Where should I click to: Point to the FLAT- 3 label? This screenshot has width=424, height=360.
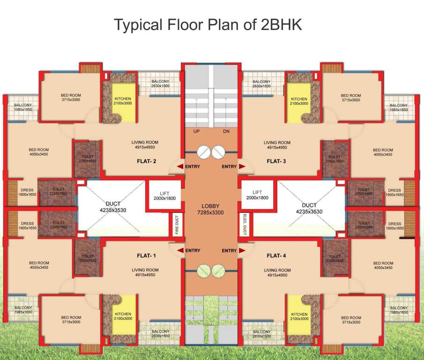point(276,161)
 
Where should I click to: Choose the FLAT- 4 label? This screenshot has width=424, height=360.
point(276,256)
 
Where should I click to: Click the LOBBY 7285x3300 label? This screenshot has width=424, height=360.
point(210,209)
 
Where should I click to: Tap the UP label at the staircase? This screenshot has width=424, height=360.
point(197,132)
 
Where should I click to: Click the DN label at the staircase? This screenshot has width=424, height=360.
point(226,132)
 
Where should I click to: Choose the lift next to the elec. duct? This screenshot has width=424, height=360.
point(257,196)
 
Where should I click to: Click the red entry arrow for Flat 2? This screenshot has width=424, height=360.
point(180,166)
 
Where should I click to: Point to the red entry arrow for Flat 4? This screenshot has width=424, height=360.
point(242,251)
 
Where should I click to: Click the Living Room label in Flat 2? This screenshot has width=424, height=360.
point(145,145)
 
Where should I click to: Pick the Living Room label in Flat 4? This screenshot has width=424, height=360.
point(277,272)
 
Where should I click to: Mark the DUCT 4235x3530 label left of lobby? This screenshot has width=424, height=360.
point(113,207)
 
